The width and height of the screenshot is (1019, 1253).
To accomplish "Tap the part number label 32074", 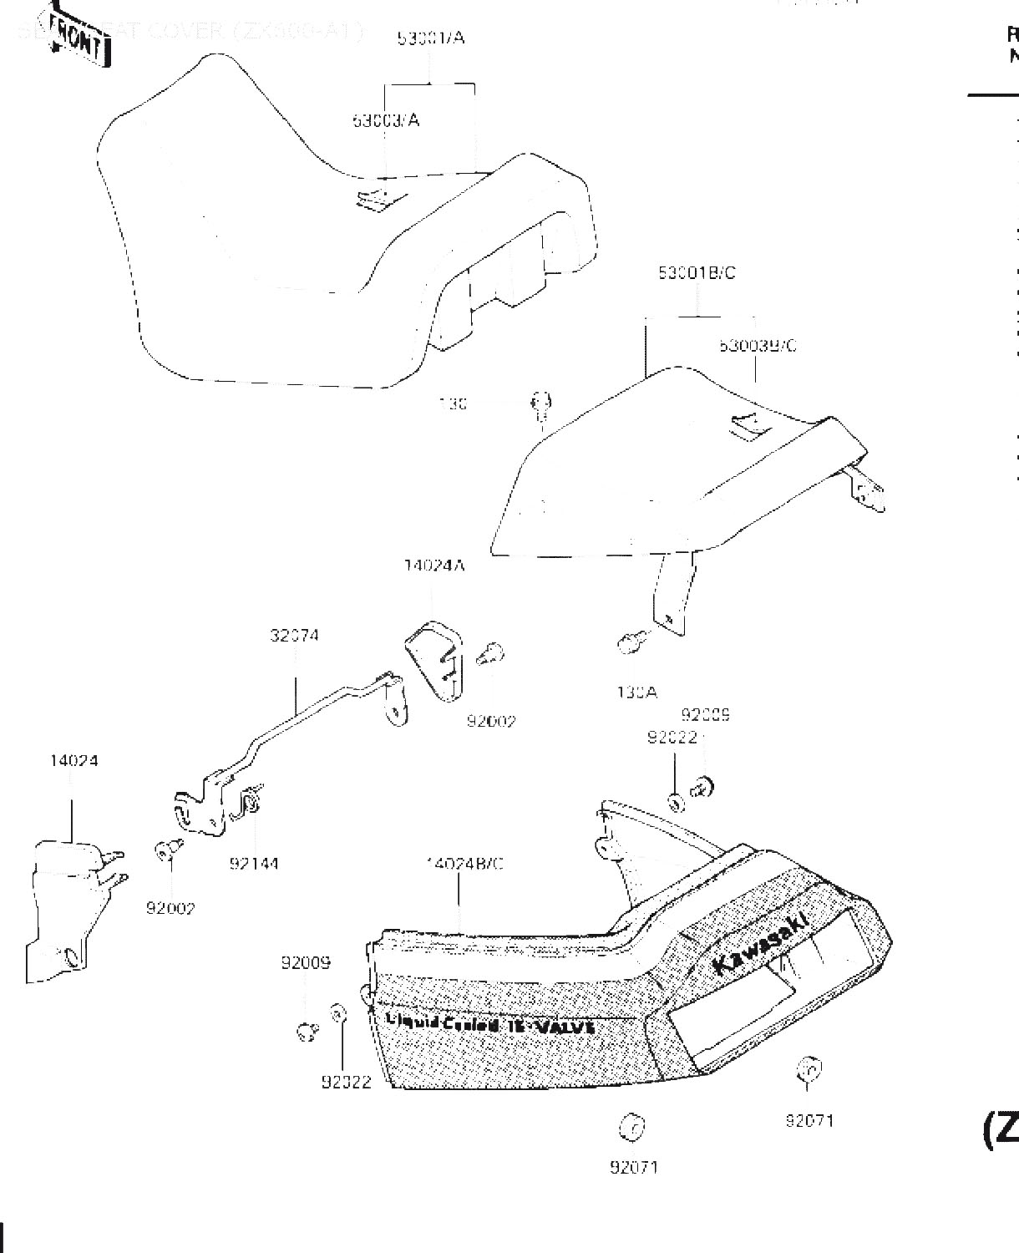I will [294, 636].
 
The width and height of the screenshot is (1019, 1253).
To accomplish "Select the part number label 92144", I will [254, 864].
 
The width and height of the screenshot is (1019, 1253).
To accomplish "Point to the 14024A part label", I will [434, 566].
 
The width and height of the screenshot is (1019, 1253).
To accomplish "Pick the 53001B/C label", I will [697, 273].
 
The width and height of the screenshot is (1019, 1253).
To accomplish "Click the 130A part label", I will [636, 692].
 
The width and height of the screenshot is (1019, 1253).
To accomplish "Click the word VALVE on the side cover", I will [565, 1027].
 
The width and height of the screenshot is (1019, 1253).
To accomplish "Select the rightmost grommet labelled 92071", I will [808, 1070].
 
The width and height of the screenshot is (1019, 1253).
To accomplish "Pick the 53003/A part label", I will [385, 120].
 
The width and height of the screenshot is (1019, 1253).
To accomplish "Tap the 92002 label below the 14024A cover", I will [491, 721].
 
